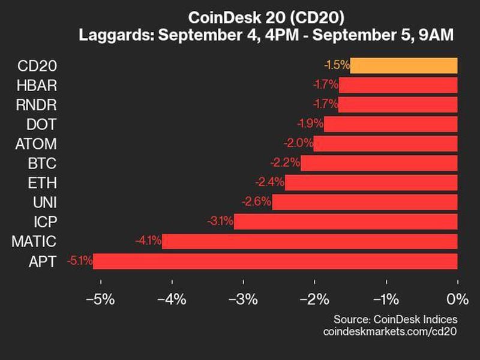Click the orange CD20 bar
403,65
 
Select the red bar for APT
275,261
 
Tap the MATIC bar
310,241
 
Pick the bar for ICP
346,222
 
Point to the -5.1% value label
80,261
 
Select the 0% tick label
458,299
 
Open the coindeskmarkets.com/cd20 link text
390,331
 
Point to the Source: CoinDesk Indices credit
395,319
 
